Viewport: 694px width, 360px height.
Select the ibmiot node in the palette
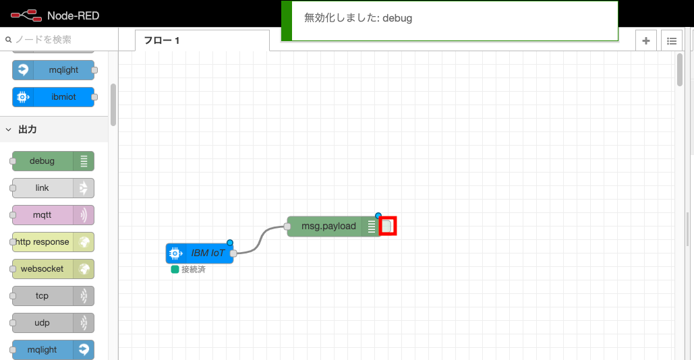(x=53, y=97)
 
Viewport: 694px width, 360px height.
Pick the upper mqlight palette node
(x=53, y=70)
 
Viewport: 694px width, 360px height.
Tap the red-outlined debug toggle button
(x=388, y=227)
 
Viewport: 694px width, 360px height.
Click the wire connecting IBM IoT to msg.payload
(x=260, y=240)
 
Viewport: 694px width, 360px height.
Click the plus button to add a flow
(x=646, y=40)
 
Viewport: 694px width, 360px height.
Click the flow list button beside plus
(x=672, y=40)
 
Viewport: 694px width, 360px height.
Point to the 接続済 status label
(x=193, y=270)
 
